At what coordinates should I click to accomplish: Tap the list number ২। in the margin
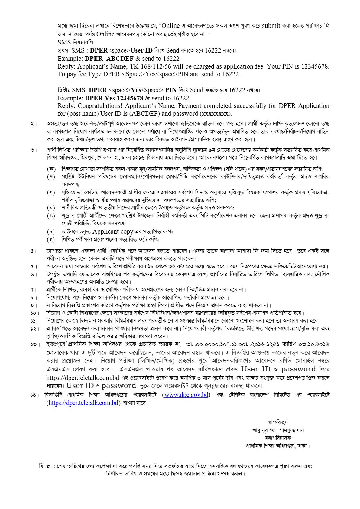(x=34, y=124)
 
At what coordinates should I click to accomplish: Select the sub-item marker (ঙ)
(x=51, y=216)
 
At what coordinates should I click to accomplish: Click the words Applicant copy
(x=113, y=232)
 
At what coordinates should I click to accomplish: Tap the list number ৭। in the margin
(x=34, y=290)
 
